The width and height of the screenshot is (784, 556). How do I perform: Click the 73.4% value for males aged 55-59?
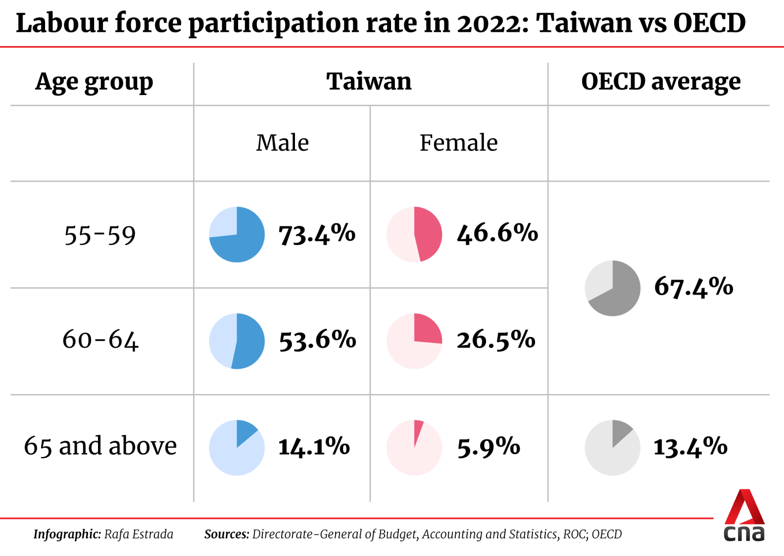pos(317,234)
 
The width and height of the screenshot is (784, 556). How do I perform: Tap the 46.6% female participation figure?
pos(497,233)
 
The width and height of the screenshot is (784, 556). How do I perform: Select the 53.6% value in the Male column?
pos(318,340)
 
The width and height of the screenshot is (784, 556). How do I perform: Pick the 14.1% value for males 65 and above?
pos(314,447)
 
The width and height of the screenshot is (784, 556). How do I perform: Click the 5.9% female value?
pos(489,447)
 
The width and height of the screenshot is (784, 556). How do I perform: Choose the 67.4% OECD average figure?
pos(693,287)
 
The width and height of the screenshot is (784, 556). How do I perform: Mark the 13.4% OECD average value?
pos(690,447)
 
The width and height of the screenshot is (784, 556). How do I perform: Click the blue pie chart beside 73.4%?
pos(237,234)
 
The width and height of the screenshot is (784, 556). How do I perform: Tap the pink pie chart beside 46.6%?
pos(414,234)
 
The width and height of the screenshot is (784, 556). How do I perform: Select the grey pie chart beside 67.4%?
pos(612,288)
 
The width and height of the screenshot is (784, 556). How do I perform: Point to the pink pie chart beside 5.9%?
pos(414,447)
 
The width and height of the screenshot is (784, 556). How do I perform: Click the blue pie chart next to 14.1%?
pos(237,447)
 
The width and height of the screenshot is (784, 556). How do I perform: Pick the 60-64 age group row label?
pos(100,339)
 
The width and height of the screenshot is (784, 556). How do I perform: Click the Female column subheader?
pos(459,143)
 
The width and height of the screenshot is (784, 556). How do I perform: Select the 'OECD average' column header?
pos(661,82)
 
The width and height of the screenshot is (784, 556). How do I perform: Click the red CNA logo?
pos(744,515)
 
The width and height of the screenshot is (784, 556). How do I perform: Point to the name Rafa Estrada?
pos(139,534)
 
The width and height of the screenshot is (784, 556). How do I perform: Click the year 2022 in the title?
pos(490,23)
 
